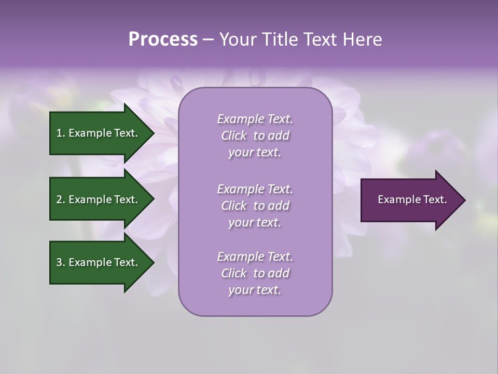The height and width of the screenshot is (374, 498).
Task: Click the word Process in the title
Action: coord(163,39)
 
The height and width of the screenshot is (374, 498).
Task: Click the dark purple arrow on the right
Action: coord(410,200)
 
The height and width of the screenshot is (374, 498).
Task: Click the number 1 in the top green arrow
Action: coord(59,133)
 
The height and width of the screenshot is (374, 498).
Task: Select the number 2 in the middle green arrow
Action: coord(59,199)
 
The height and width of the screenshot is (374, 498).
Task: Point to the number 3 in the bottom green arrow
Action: coord(59,262)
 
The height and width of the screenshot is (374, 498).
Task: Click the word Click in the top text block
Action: coord(234,136)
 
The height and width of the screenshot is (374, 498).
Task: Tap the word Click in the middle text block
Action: coord(234,206)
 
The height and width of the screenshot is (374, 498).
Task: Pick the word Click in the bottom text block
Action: coord(234,273)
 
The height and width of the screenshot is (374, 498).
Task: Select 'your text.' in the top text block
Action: coord(255,153)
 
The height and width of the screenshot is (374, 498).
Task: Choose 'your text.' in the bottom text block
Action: coord(255,290)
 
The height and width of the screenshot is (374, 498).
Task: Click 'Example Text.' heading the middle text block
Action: coord(255,189)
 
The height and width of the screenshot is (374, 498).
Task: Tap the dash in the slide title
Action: coord(208,40)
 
